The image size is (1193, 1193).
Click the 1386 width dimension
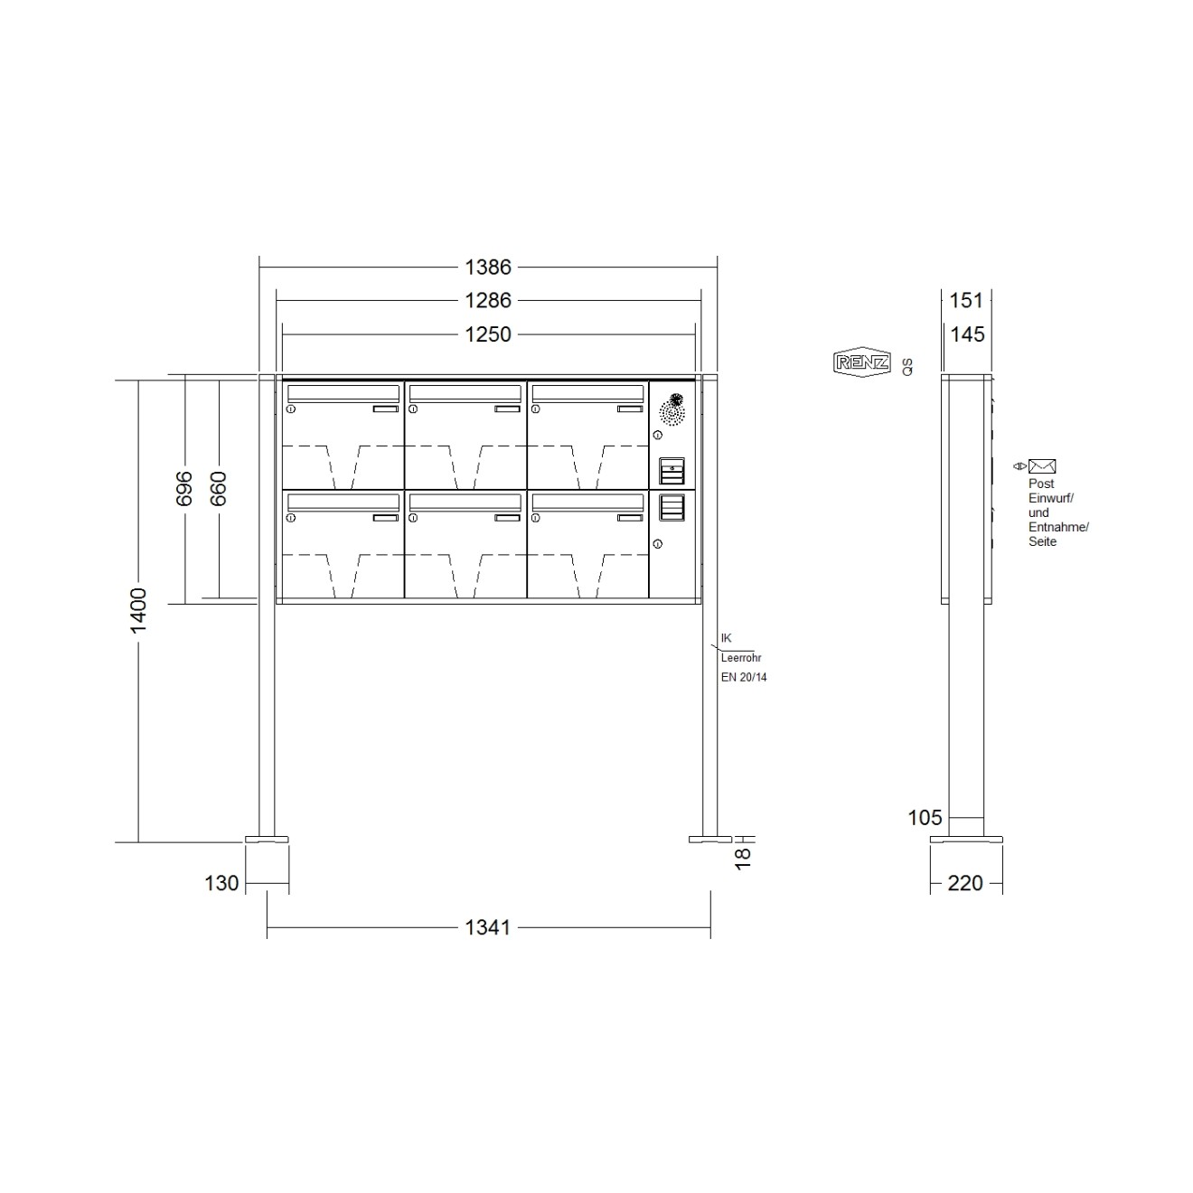pos(488,268)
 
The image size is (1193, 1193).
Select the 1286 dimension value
pos(488,301)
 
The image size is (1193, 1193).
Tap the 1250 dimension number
pos(488,334)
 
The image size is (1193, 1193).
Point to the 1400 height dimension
pos(138,610)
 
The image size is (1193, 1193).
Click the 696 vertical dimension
pos(184,488)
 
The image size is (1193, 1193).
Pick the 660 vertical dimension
pos(218,488)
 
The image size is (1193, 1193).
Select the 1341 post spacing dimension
pos(488,927)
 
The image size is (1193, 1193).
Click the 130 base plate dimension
pos(221,883)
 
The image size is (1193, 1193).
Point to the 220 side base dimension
pos(965,883)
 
